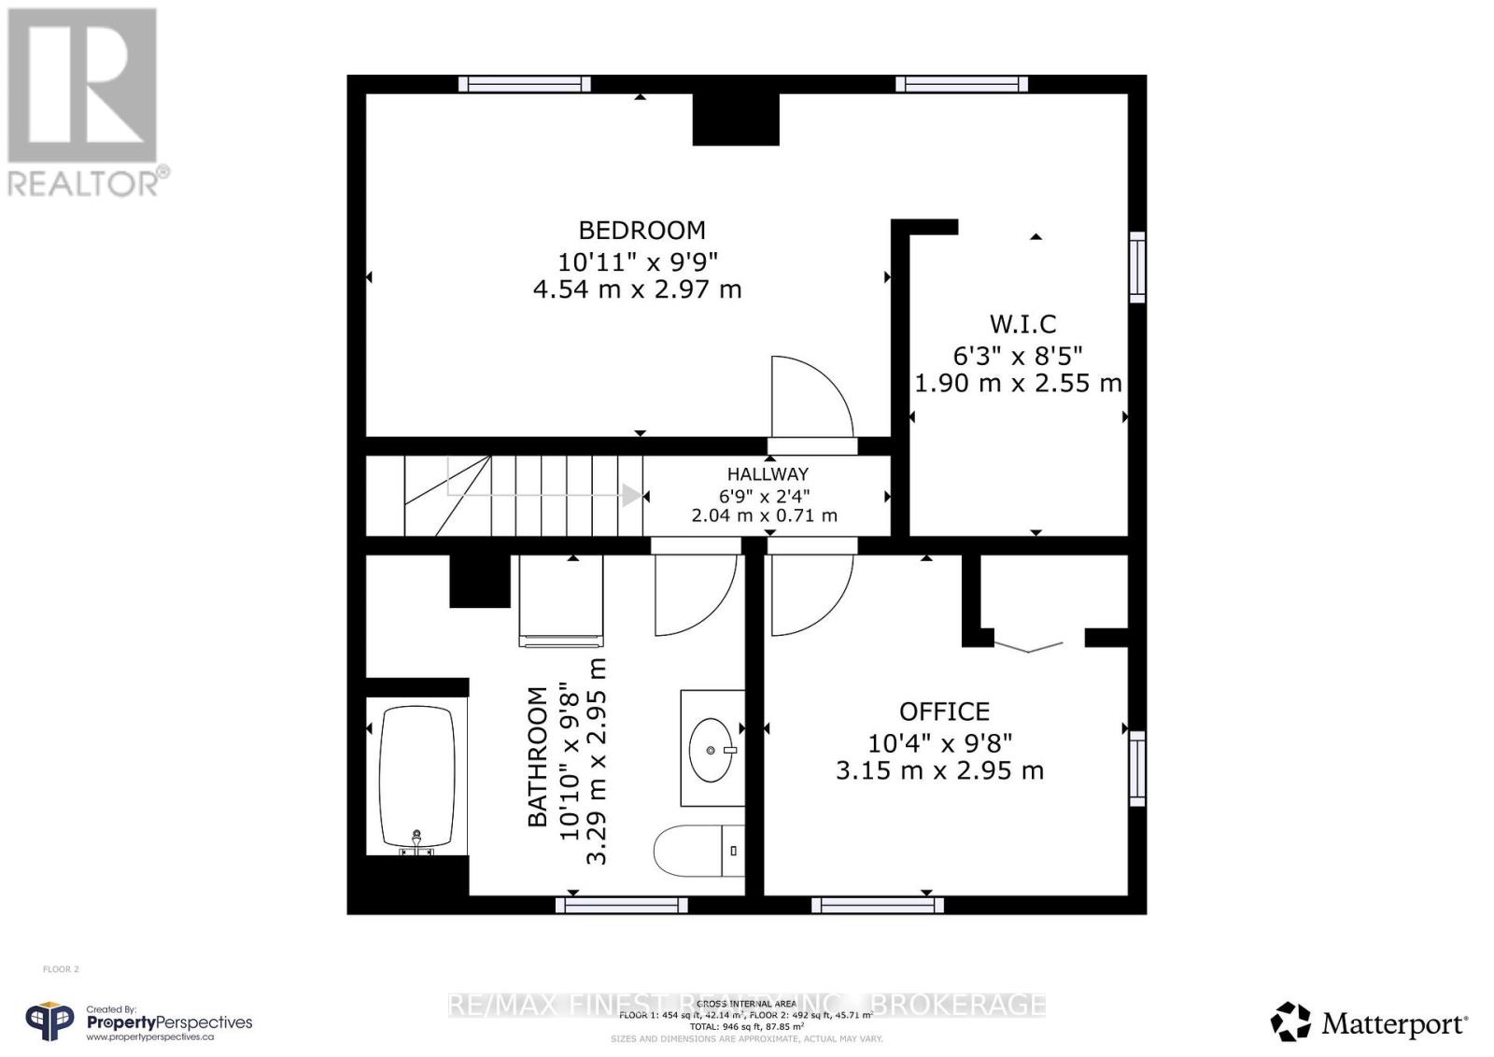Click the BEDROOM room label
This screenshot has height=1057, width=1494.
(641, 230)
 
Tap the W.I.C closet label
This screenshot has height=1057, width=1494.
(1022, 324)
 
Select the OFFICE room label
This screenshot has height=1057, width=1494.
(944, 712)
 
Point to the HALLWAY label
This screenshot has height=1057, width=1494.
(768, 473)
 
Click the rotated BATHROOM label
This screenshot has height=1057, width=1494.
(538, 756)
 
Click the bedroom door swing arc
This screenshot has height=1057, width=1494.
(810, 396)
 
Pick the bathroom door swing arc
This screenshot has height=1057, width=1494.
(695, 594)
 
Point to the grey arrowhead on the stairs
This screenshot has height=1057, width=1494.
(632, 495)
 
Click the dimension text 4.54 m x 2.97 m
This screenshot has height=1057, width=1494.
(637, 289)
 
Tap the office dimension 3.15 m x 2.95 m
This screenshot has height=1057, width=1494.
(939, 771)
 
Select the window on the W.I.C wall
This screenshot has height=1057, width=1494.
(1136, 267)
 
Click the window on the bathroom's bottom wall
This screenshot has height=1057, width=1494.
(622, 904)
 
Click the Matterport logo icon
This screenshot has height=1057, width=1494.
(1291, 1022)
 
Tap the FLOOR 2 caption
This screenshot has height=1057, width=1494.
(61, 969)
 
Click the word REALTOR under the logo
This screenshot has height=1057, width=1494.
(83, 183)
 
